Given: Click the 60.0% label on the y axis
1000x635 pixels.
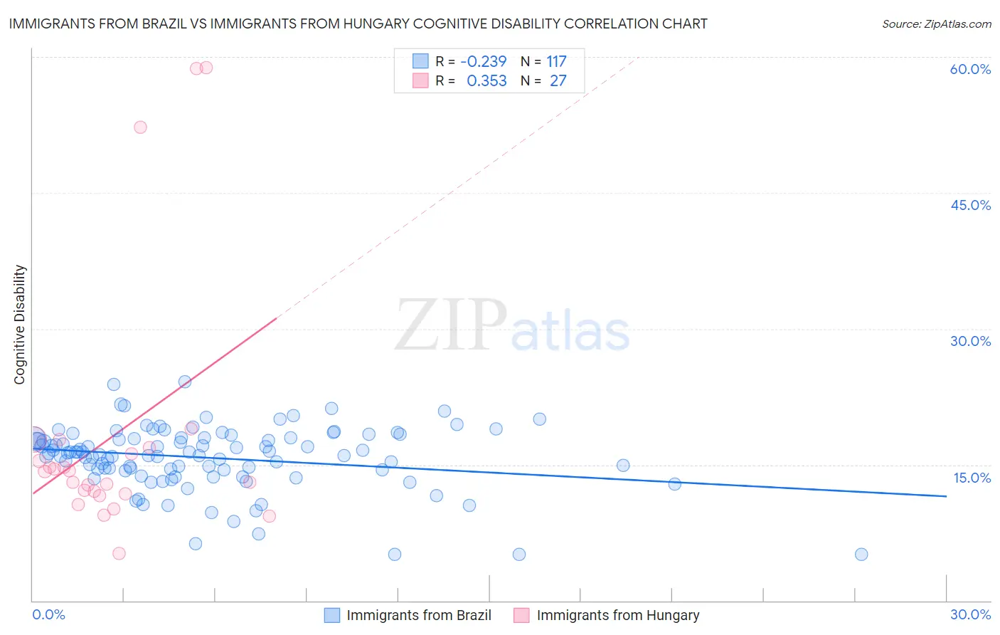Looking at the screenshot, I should point(970,69).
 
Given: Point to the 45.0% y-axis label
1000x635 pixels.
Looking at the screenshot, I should point(970,205).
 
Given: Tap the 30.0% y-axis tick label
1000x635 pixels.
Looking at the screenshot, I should point(970,341).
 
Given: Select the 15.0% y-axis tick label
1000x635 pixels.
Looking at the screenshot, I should point(972,478).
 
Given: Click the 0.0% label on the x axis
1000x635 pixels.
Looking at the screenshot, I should point(48,614).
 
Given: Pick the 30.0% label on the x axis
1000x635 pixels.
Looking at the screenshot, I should point(970,614).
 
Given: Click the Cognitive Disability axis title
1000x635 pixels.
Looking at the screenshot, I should point(20,325).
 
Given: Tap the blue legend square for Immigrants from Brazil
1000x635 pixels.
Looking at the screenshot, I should point(332,615).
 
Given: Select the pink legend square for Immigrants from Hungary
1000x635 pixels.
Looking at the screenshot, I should point(522,615).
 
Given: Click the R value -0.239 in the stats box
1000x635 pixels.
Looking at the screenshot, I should point(484,62).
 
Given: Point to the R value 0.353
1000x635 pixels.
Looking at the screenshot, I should point(486,81).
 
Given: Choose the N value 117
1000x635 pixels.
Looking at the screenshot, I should point(556,62).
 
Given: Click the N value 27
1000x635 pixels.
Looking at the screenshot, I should point(558,81).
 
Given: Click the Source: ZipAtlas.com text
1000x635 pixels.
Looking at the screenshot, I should point(936,24).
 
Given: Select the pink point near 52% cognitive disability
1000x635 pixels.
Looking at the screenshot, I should point(140,127).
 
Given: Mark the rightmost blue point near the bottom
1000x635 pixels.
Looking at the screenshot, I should point(861,555).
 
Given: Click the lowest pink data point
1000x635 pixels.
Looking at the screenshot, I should point(119,554).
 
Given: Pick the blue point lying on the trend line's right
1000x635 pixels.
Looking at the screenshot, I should point(675,484).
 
